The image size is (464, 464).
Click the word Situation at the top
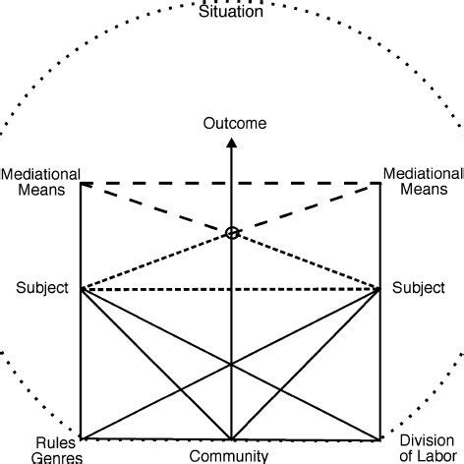231,11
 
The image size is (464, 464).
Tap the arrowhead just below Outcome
232,142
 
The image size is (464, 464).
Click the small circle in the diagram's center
232,233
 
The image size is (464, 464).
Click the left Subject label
42,289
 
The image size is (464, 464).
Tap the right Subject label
418,289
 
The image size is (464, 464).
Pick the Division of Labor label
431,449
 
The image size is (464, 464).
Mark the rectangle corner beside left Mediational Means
82,183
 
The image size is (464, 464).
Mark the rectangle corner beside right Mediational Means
380,183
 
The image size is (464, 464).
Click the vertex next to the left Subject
82,289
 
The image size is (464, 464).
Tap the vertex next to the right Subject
380,289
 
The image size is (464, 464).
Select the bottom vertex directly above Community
231,438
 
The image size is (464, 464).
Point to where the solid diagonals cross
231,364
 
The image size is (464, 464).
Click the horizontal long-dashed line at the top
157,183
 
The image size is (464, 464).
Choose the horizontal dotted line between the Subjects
157,289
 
